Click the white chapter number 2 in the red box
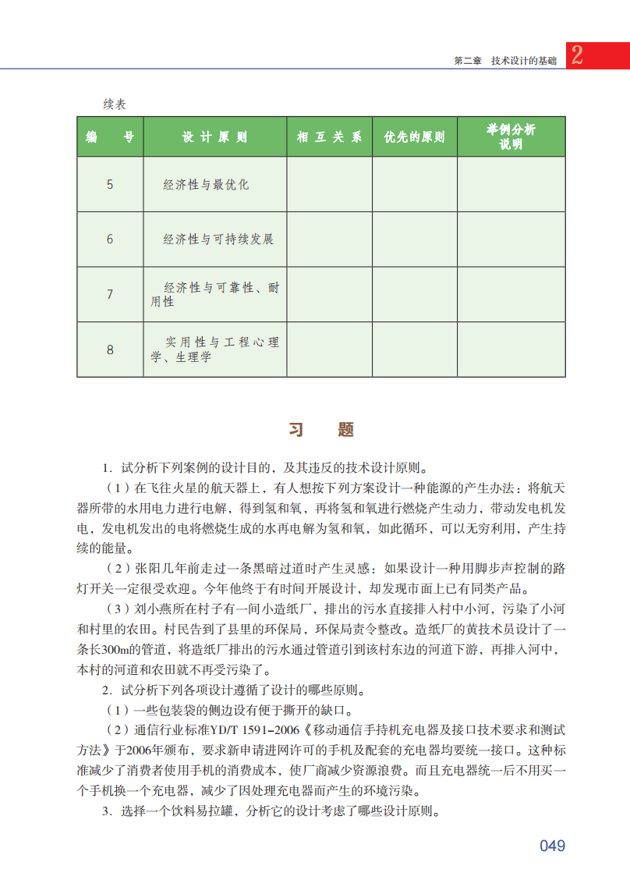point(577,55)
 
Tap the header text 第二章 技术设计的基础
point(504,61)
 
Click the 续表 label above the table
point(115,105)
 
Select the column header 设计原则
point(214,137)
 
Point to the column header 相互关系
point(329,137)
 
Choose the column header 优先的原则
point(414,137)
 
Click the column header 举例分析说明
point(511,137)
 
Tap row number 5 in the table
point(110,185)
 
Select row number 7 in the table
point(110,294)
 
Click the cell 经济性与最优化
point(206,185)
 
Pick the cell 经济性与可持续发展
point(218,239)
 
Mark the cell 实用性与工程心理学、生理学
point(214,349)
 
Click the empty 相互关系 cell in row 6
point(329,239)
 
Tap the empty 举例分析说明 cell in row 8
point(511,349)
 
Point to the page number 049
point(552,846)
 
